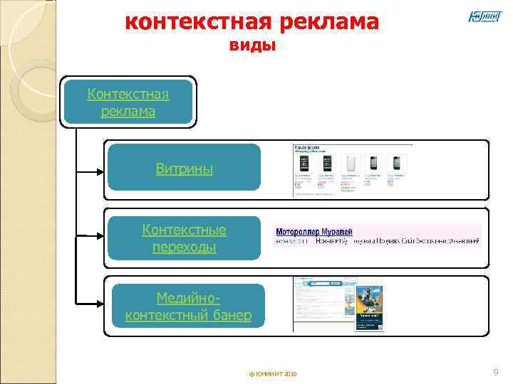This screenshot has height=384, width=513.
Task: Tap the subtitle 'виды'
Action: [x=252, y=46]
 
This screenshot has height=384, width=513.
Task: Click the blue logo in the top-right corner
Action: [x=484, y=16]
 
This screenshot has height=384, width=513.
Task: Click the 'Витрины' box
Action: [x=184, y=168]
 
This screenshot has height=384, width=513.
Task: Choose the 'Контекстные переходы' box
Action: [x=184, y=238]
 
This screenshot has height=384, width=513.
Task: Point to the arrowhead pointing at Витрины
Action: [x=101, y=171]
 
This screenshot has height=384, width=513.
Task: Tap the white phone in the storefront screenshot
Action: [x=350, y=164]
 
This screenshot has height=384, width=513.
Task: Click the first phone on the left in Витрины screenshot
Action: [x=302, y=164]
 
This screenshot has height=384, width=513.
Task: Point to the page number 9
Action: [x=496, y=372]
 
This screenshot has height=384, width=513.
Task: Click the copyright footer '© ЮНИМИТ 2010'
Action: [x=274, y=374]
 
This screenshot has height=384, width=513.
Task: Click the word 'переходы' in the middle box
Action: [x=185, y=247]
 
